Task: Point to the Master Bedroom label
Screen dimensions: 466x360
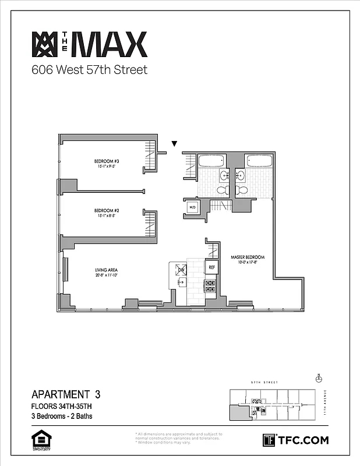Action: [x=248, y=257]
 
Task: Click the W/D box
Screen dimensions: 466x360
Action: [x=192, y=207]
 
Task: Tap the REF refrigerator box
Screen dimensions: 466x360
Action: [x=212, y=267]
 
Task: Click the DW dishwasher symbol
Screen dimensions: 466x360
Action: [x=181, y=270]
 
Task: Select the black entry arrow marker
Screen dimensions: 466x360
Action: [x=174, y=144]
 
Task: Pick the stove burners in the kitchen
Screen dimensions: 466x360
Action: [x=210, y=285]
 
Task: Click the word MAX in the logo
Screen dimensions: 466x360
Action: [x=112, y=45]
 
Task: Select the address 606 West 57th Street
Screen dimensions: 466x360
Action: [x=89, y=70]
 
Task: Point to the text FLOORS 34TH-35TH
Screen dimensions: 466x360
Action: [x=62, y=406]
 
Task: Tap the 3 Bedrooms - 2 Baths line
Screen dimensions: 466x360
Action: [x=62, y=416]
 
